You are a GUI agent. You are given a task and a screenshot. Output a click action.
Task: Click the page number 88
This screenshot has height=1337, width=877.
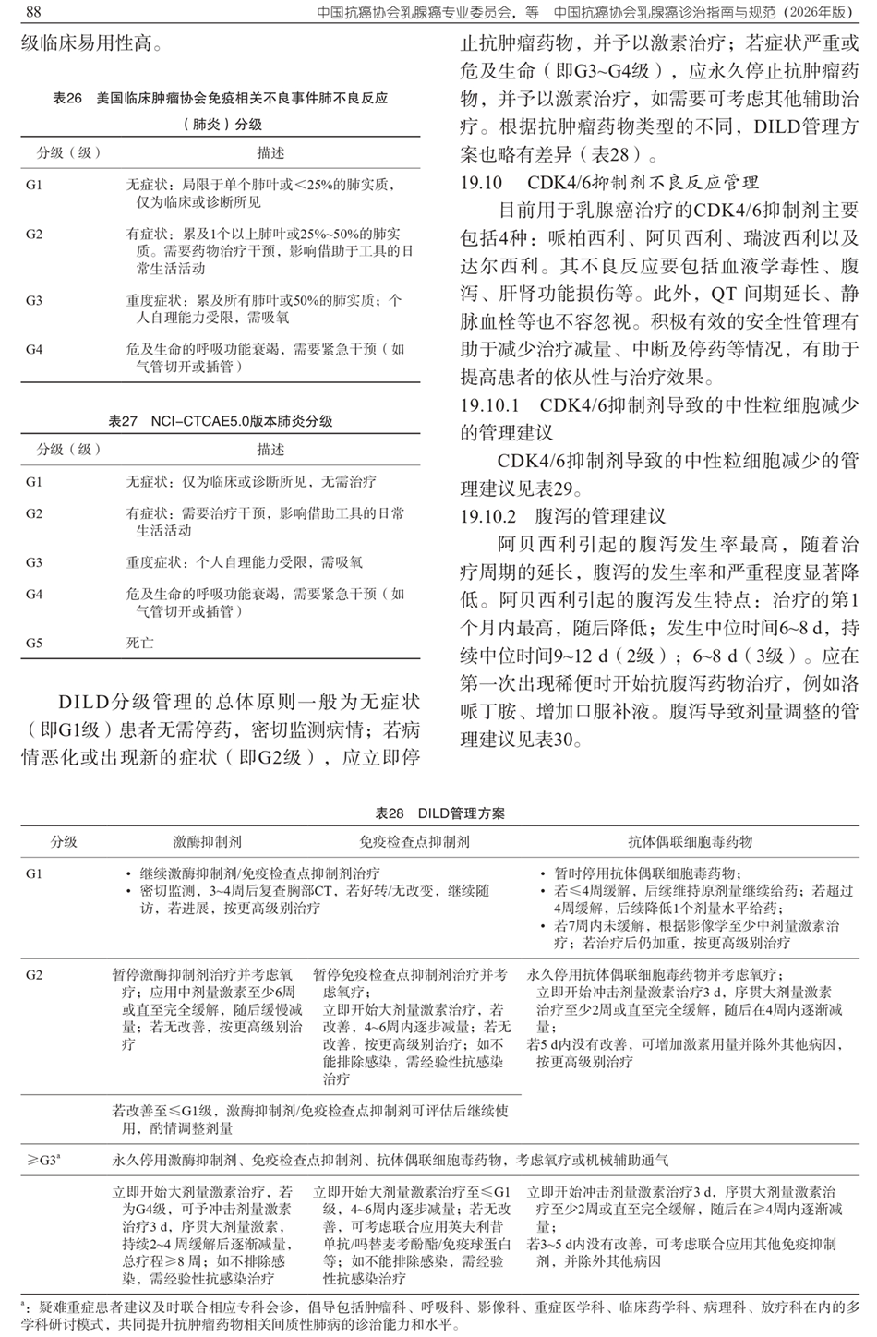[31, 12]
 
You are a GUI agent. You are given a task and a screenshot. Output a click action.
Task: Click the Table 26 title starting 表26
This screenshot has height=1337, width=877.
[221, 98]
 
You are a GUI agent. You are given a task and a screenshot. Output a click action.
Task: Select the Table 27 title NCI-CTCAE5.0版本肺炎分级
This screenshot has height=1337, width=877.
[221, 421]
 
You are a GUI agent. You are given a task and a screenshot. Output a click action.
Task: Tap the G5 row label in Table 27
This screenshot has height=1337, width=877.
[34, 643]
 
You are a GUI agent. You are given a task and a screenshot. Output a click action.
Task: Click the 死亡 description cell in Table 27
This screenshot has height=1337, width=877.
[140, 643]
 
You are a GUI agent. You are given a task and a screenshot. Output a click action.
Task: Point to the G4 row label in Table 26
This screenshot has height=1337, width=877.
[34, 350]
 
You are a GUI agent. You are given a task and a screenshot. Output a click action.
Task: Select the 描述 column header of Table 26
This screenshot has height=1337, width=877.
[270, 152]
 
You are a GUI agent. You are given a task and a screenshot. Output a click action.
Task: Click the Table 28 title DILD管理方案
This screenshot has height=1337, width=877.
[439, 814]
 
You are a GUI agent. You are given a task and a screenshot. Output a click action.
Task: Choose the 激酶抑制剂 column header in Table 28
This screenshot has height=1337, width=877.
[208, 842]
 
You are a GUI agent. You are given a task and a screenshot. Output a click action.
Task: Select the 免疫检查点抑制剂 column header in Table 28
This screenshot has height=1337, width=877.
[414, 842]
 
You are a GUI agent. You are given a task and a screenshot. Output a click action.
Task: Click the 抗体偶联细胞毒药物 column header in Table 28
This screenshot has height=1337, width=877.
[691, 842]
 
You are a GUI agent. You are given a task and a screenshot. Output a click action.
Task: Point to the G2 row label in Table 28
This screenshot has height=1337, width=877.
[34, 975]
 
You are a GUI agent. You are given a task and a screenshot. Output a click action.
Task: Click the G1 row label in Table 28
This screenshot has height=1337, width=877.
[34, 873]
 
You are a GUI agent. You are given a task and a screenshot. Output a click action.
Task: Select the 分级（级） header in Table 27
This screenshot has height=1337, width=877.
[68, 450]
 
